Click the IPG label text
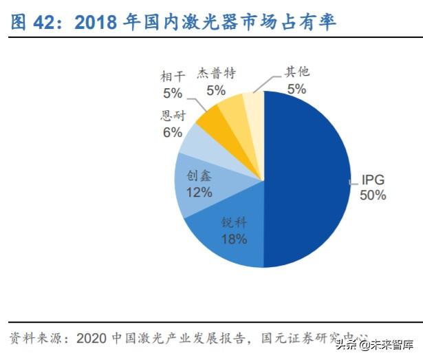pyautogui.click(x=372, y=181)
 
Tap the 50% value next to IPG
pyautogui.click(x=372, y=195)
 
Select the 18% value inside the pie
pyautogui.click(x=232, y=239)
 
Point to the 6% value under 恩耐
pyautogui.click(x=172, y=131)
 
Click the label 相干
pyautogui.click(x=173, y=76)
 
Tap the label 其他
pyautogui.click(x=298, y=71)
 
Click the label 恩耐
pyautogui.click(x=172, y=116)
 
